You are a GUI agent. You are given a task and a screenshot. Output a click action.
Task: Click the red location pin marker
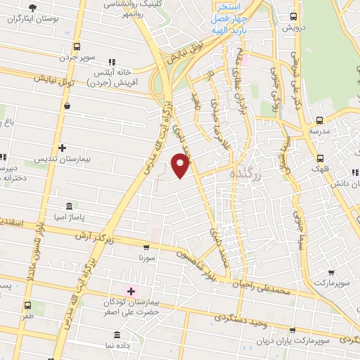pos(181,165)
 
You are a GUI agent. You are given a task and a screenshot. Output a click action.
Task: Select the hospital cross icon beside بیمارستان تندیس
pos(63,148)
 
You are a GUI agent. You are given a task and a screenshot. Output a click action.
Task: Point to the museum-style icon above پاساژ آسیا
pos(69,206)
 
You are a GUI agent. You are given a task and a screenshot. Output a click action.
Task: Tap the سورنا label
pos(146,258)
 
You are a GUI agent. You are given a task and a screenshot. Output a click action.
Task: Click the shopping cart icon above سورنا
pos(146,247)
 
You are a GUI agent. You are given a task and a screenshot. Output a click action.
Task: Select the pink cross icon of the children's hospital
pos(130,290)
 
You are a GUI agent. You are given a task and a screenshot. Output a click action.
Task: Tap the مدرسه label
pos(320,131)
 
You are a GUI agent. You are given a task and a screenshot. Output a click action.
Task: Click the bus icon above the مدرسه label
pos(320,120)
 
